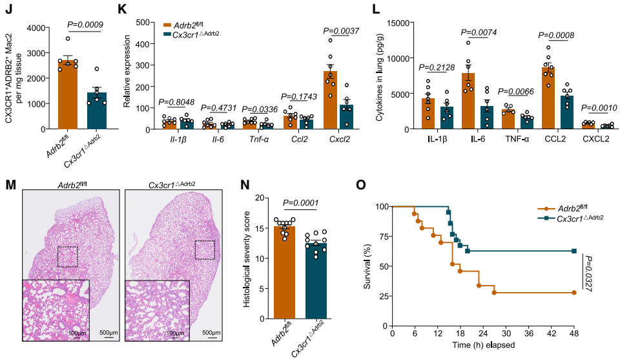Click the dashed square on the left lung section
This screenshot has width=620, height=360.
[67, 257]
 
